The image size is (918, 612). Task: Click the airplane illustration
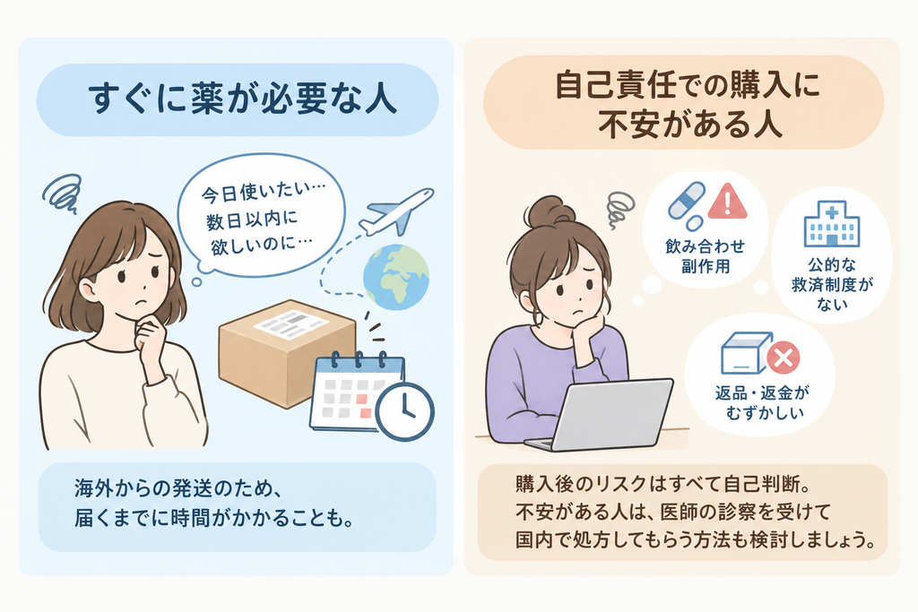coord(395,212)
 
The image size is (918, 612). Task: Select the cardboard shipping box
coord(287,351)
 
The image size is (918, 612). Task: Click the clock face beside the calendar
coord(404,411)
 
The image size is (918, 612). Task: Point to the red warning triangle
coord(727,202)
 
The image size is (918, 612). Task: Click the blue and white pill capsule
coord(686,202)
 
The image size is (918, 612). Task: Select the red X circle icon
coord(783,358)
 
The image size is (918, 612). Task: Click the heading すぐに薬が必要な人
coord(243,99)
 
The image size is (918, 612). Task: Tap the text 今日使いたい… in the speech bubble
coord(264,192)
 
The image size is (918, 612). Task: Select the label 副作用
coord(706,267)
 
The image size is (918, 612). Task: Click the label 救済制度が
coord(832,286)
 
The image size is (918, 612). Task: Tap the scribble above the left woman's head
coord(63,193)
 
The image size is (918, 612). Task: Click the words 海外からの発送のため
coord(172,488)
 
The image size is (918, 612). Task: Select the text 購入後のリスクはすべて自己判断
coord(654,485)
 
